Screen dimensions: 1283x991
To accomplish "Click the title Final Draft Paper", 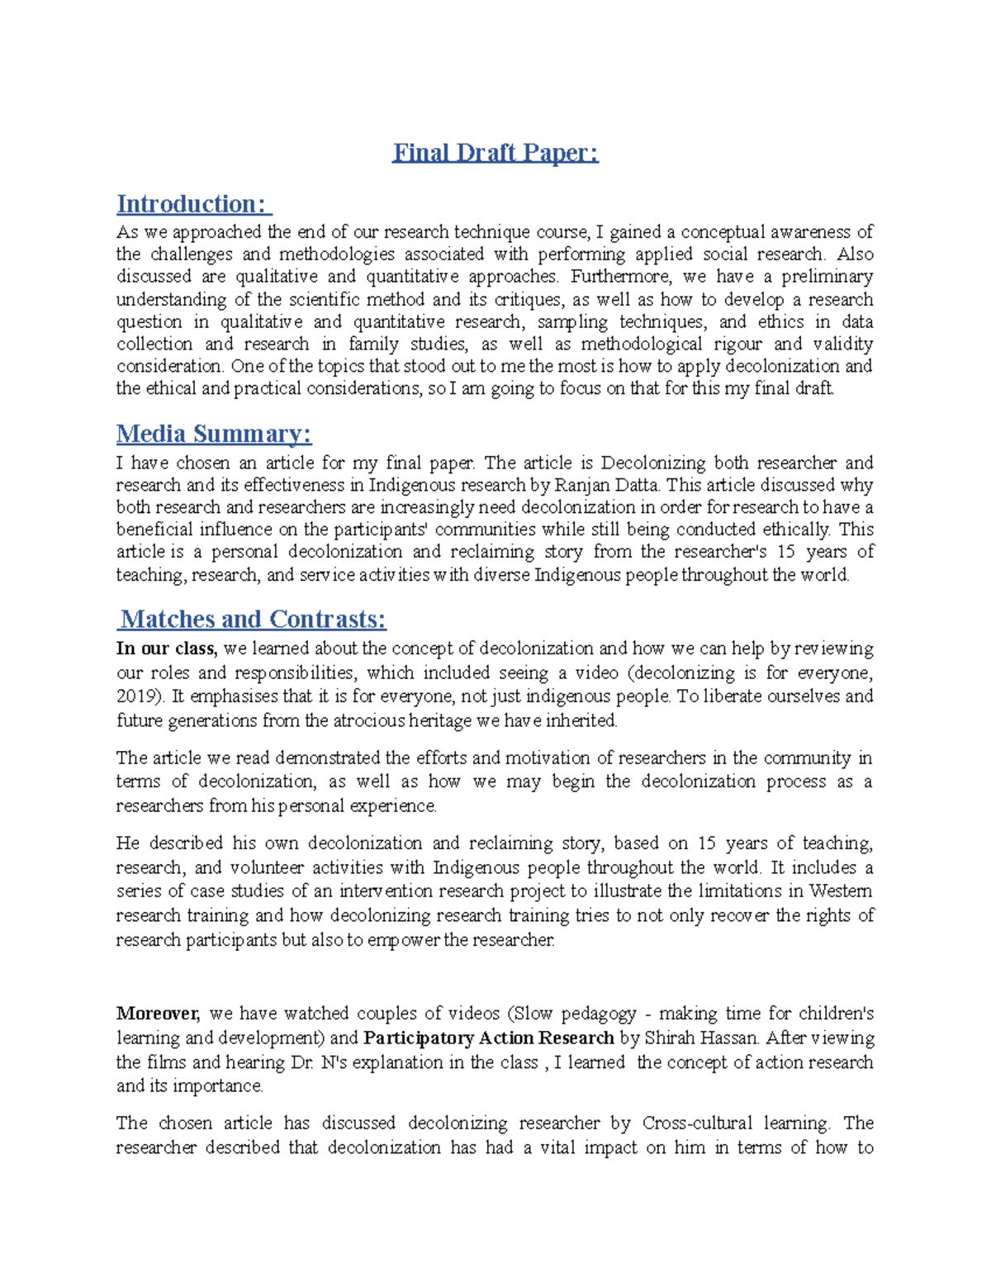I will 495,153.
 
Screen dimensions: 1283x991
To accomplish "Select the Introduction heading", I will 193,204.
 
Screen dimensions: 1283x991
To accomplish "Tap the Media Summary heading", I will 214,434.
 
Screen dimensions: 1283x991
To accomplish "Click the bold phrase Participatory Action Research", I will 489,1038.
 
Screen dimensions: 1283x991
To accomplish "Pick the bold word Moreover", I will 158,1014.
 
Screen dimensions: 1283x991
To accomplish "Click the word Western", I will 840,891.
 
